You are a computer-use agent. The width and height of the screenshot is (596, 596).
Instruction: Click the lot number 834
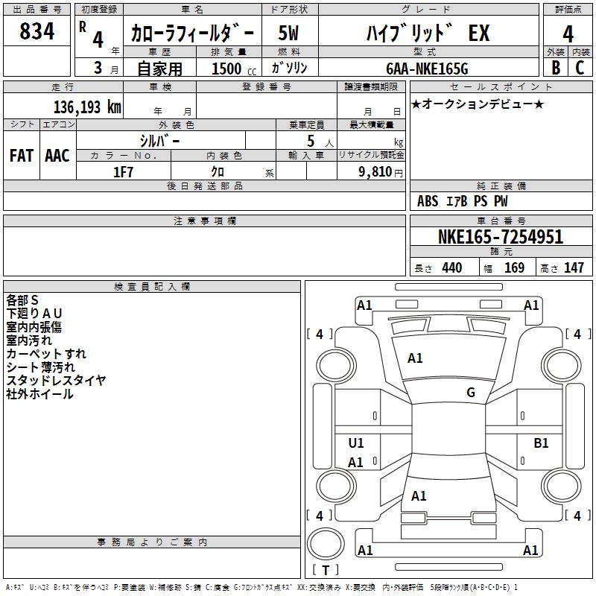37,31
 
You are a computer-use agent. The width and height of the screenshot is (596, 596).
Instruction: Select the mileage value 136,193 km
87,107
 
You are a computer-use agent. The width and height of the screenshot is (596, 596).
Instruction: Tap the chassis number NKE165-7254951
501,237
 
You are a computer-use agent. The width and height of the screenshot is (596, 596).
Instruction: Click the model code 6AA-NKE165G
427,69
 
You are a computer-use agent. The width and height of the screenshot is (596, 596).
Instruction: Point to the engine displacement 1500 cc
234,69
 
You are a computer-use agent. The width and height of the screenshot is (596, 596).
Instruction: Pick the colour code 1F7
123,172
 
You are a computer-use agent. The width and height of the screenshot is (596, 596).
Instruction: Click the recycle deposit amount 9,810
375,172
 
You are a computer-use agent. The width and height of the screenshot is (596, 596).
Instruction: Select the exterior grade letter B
556,68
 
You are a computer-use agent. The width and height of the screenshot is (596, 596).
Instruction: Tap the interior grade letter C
580,68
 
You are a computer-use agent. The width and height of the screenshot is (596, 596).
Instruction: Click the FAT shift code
22,156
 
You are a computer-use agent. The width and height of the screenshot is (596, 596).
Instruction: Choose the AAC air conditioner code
57,156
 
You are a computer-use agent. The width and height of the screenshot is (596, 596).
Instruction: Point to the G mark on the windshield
471,393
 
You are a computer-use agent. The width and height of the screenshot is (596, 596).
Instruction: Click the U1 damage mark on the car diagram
356,443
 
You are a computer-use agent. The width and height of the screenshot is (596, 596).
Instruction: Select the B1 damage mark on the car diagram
541,443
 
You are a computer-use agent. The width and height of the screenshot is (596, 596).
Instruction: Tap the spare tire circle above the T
326,543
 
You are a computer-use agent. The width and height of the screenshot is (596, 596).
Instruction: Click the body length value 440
452,267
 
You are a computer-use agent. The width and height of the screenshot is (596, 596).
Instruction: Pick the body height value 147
574,267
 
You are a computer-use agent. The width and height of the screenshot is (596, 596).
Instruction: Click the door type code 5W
288,33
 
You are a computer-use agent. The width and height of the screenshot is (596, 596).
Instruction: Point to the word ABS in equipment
428,201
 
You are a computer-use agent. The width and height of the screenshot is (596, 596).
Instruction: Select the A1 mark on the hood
415,358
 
